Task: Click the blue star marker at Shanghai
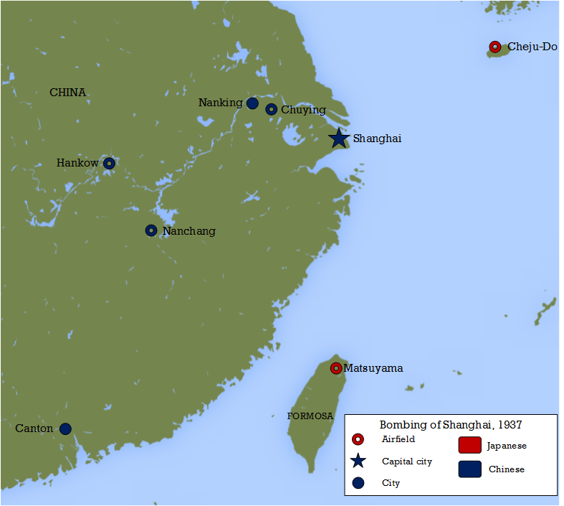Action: (339, 138)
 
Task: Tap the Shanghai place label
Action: (377, 139)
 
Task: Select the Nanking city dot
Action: (252, 103)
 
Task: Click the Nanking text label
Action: (220, 103)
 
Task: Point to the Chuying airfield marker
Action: (271, 109)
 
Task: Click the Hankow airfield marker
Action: (109, 163)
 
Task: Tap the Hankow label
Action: (77, 163)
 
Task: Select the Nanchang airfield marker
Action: (150, 230)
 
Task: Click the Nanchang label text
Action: (188, 231)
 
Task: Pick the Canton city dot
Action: (65, 428)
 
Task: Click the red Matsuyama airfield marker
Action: (335, 368)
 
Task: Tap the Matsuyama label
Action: (373, 368)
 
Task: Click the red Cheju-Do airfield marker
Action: (494, 47)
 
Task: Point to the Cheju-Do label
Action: (532, 47)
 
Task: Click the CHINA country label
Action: (67, 93)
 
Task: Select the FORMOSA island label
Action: (310, 416)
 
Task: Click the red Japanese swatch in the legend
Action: (469, 445)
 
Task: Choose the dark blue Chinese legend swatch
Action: (469, 469)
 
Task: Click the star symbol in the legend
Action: (359, 461)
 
